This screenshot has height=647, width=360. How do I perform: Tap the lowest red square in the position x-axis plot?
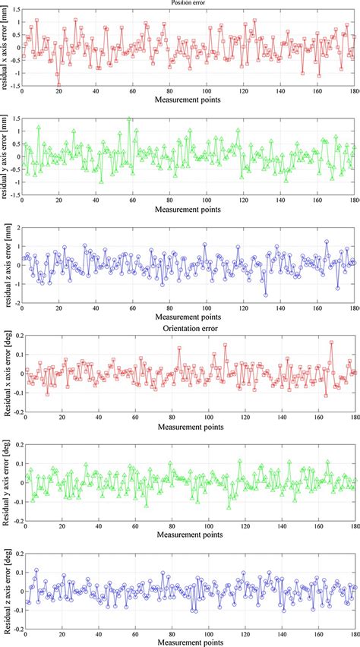(58, 86)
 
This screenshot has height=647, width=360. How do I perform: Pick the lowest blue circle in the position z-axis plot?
(266, 295)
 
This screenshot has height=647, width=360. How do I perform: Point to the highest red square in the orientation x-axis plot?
(331, 342)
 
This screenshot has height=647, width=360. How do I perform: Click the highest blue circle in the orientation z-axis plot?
(36, 570)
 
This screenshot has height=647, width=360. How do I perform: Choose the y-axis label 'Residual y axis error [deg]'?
(6, 481)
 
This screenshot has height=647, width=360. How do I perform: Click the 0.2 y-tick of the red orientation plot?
(13, 334)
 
